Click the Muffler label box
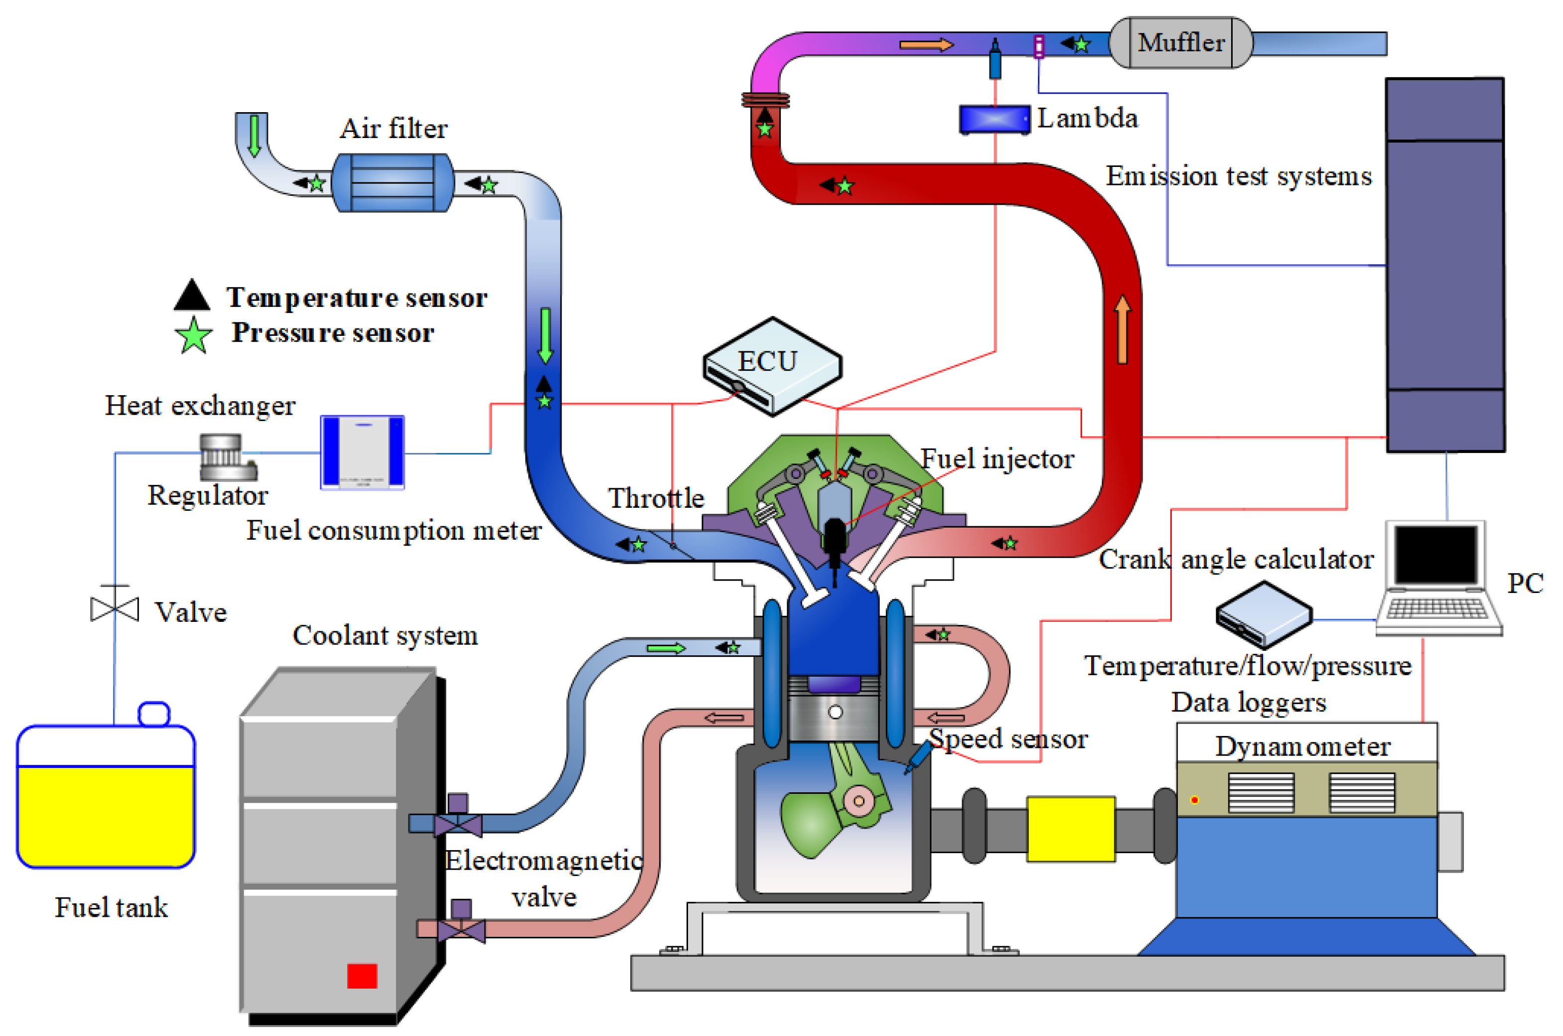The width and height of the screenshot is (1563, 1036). pyautogui.click(x=1180, y=43)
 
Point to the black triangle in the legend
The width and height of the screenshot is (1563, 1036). pyautogui.click(x=192, y=296)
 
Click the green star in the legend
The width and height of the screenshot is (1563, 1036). pyautogui.click(x=193, y=336)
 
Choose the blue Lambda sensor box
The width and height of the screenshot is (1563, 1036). pyautogui.click(x=994, y=120)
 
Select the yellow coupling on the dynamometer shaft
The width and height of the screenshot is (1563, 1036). pyautogui.click(x=1070, y=829)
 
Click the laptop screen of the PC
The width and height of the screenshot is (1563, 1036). pyautogui.click(x=1435, y=554)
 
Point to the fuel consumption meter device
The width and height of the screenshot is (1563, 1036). pyautogui.click(x=362, y=452)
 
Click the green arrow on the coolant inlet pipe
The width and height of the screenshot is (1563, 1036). pyautogui.click(x=665, y=648)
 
